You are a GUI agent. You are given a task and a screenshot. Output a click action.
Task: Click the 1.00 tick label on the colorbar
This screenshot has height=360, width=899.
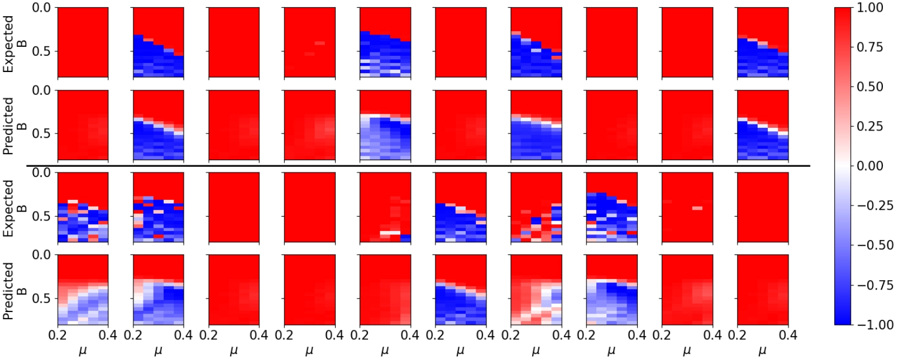coord(870,7)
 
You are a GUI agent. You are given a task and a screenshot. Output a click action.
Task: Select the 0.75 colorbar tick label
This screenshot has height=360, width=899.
coord(870,47)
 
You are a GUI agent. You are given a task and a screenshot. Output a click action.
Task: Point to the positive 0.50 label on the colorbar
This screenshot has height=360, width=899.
coord(870,87)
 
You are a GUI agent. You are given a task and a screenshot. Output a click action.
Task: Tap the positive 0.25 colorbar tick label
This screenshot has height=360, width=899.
coord(870,126)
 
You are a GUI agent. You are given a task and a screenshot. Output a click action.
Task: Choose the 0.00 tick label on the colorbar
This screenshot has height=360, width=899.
coord(870,166)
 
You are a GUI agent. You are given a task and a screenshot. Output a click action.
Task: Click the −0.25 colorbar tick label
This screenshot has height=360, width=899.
coord(874,205)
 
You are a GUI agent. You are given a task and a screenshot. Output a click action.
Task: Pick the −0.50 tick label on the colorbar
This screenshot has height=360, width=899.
coord(874,245)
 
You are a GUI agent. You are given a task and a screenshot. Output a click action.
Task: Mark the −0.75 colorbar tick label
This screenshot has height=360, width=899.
coord(874,285)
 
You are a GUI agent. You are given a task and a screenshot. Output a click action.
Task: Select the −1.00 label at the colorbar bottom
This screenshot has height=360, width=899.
coord(874,324)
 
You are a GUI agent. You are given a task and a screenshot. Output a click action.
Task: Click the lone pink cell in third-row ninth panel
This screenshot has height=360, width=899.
coord(697,208)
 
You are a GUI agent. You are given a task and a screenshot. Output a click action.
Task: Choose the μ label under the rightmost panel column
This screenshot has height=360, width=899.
coord(762,351)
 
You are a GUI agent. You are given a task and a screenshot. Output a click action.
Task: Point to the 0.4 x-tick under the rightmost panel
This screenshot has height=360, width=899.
coord(788,335)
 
